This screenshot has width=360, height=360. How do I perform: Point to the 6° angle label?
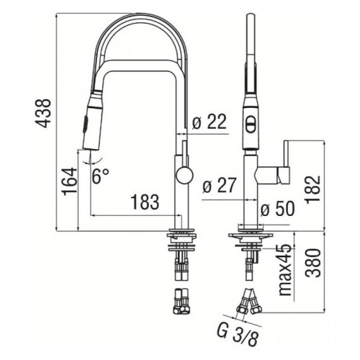pos(100,174)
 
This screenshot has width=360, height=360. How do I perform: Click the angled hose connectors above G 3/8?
pos(253,297)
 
